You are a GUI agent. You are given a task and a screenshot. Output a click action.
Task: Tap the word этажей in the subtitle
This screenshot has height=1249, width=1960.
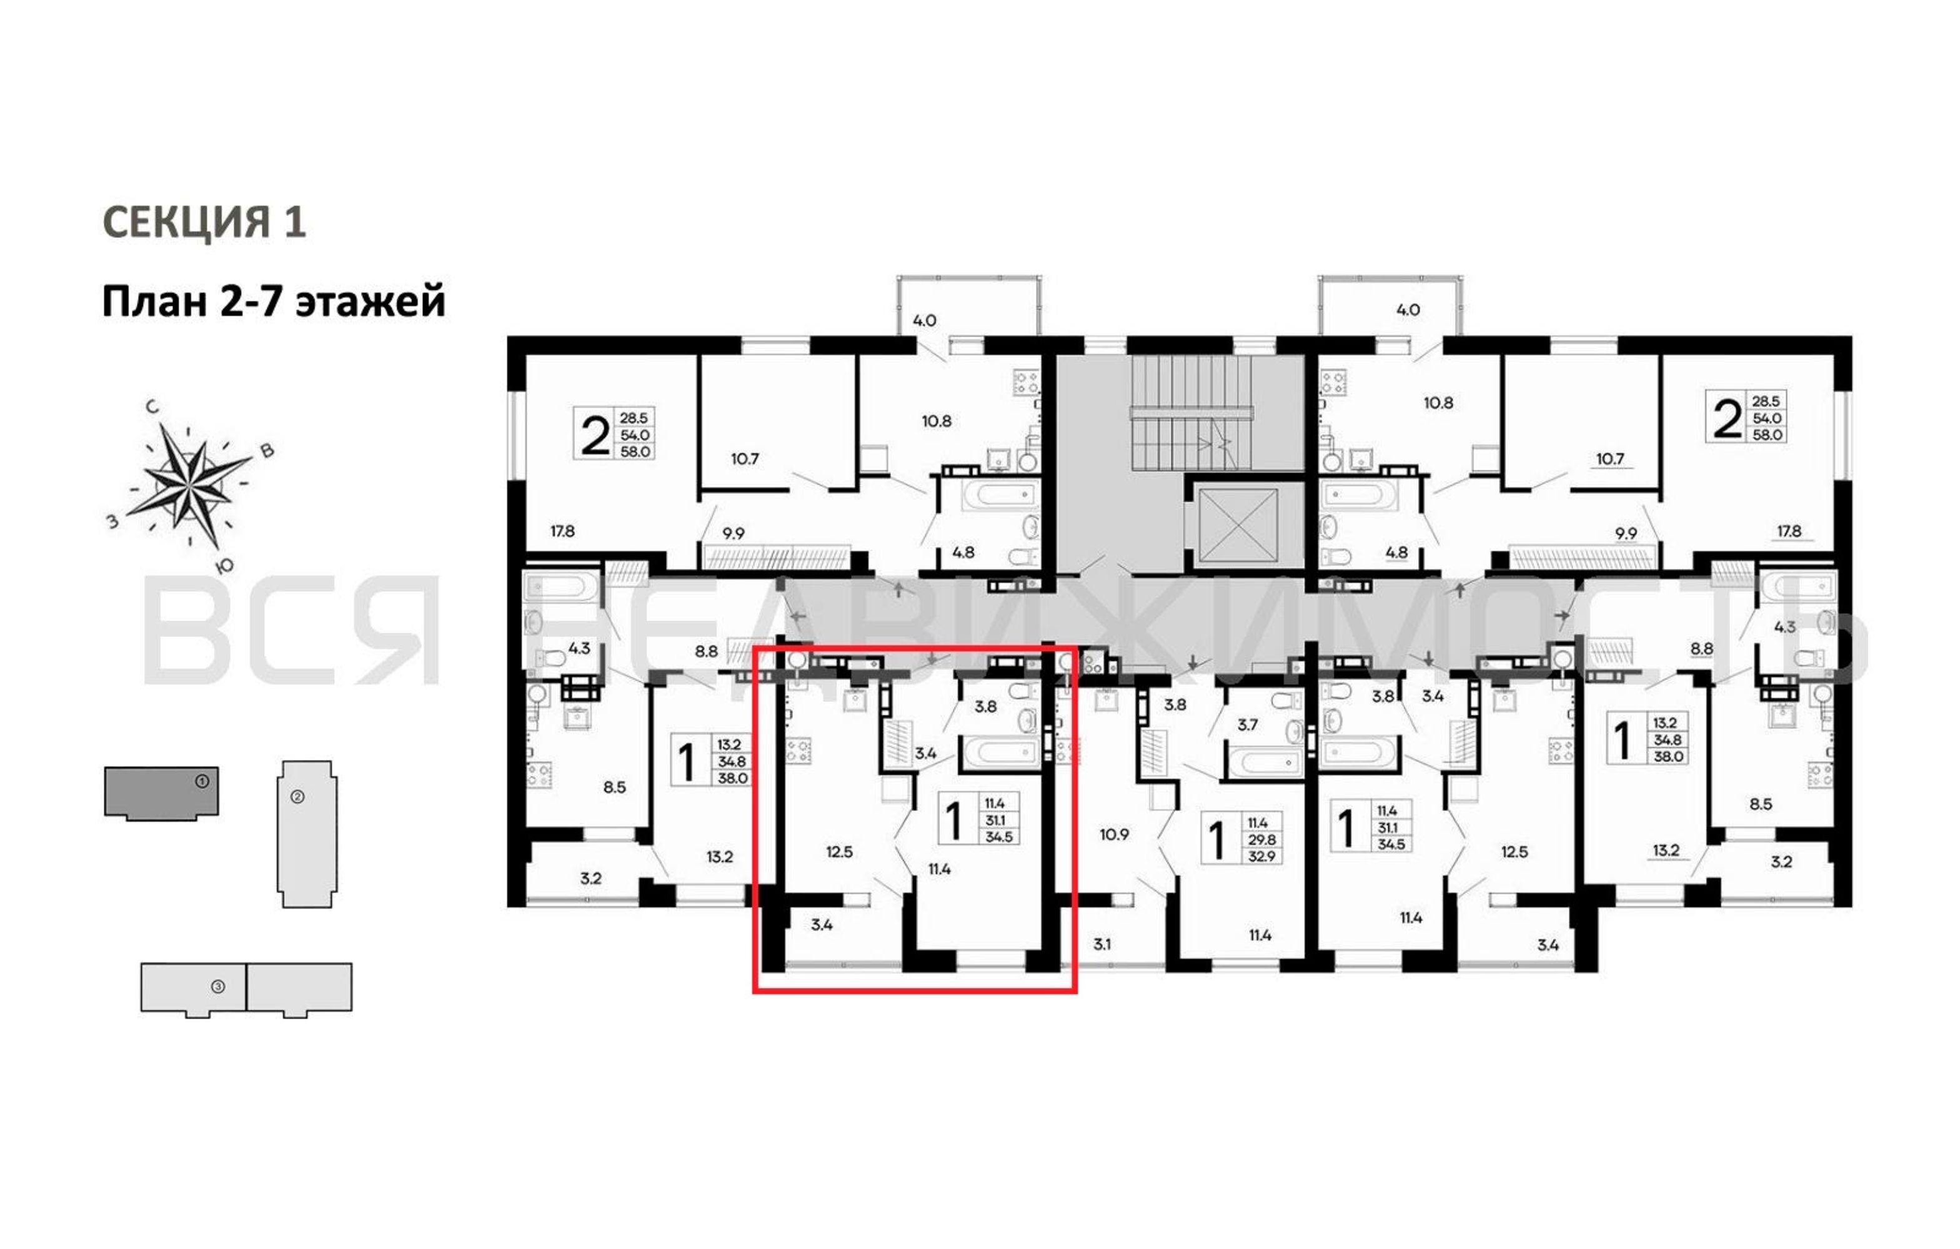[371, 302]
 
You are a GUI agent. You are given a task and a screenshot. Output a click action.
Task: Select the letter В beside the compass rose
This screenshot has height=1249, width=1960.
[266, 451]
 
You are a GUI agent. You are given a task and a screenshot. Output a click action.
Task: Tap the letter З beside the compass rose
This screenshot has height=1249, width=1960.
[113, 521]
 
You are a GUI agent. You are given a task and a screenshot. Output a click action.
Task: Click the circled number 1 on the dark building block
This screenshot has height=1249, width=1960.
[202, 781]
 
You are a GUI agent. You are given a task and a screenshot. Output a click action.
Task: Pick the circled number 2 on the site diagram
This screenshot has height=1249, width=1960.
[297, 797]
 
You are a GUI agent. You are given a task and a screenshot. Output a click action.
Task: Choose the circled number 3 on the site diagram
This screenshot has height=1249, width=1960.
[217, 986]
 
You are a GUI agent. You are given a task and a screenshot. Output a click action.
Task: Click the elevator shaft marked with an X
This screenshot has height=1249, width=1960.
[1239, 526]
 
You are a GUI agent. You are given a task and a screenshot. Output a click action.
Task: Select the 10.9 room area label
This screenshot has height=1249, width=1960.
[1114, 834]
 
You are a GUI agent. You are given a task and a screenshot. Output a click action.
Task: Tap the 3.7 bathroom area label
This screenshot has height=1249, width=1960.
[1247, 724]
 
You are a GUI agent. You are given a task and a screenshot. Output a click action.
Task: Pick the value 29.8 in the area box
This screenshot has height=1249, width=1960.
[1261, 840]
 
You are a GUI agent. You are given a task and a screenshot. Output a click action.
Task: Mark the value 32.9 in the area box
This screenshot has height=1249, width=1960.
[1261, 856]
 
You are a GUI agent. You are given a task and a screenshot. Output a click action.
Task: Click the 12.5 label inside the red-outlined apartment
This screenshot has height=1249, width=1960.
[839, 852]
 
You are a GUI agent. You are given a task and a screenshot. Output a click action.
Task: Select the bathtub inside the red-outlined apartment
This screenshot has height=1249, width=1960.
[1001, 752]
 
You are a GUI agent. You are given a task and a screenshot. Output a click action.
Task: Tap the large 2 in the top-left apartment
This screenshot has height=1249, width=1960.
[595, 435]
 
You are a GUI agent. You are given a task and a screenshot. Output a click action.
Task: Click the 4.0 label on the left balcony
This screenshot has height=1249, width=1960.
[924, 320]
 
